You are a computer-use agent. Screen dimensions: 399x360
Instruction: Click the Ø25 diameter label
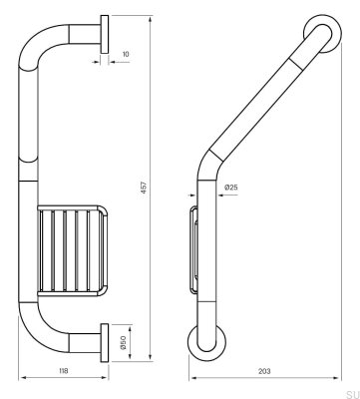pyautogui.click(x=230, y=187)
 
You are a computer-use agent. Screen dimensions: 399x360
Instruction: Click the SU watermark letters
pyautogui.click(x=352, y=392)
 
